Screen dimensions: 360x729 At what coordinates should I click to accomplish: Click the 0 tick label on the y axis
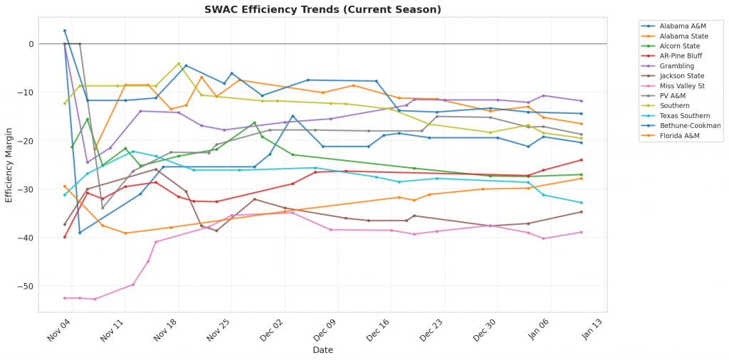[31, 44]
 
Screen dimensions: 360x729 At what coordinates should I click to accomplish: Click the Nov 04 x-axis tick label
[56, 332]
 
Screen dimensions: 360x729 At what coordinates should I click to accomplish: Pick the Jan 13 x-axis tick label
[591, 332]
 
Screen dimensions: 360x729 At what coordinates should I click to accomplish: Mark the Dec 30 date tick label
[484, 332]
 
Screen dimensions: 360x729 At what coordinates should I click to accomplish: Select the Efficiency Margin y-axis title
[9, 164]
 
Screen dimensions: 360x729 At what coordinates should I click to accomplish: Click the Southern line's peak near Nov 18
[179, 63]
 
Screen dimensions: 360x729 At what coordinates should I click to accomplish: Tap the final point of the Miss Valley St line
[581, 232]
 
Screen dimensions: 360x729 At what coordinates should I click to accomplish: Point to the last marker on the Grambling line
[581, 101]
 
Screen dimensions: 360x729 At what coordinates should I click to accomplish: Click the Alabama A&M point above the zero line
[65, 31]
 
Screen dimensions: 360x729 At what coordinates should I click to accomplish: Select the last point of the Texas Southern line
[581, 203]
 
